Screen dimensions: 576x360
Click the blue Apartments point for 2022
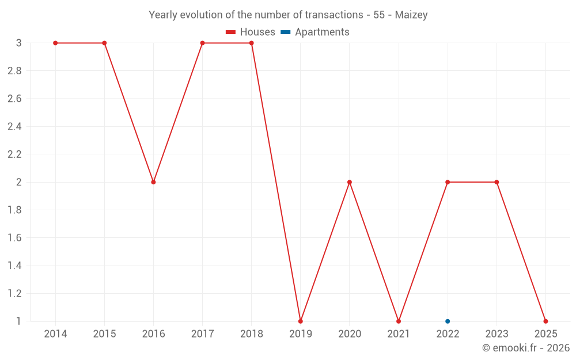pos(448,321)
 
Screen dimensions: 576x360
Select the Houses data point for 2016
pos(154,182)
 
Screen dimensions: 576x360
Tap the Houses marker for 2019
pos(301,321)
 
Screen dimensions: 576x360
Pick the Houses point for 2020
pos(350,182)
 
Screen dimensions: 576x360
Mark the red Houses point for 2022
pos(448,182)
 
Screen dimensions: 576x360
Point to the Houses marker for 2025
pos(545,321)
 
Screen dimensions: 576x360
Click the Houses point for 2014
pos(55,43)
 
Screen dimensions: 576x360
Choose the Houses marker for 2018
pos(251,43)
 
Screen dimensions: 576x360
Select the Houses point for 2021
pos(399,321)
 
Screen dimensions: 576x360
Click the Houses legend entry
pos(250,32)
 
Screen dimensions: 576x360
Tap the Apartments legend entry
pos(315,32)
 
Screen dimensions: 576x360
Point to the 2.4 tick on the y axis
pos(14,126)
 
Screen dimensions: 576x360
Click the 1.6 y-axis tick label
pos(14,238)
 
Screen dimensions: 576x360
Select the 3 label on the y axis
pos(19,43)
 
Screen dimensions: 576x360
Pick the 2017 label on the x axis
pos(202,334)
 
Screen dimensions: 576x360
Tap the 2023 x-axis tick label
pos(497,334)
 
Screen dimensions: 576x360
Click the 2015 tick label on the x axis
pos(104,334)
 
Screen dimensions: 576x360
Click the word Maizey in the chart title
pos(411,15)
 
